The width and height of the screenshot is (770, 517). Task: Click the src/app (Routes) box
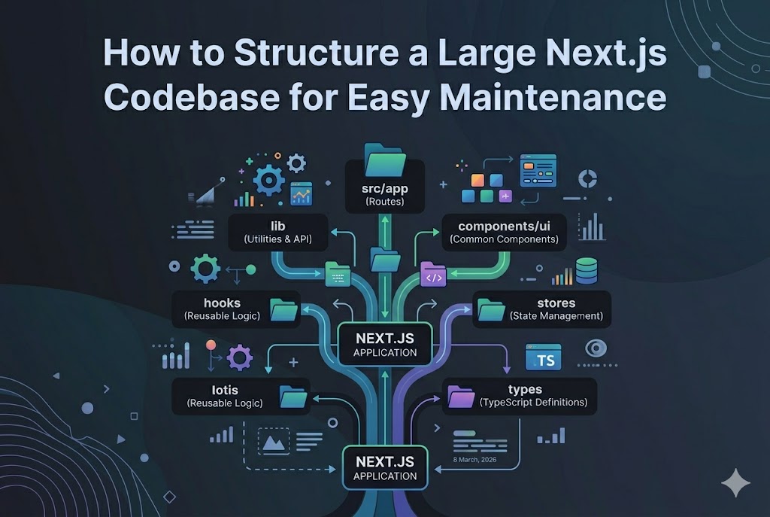pos(384,194)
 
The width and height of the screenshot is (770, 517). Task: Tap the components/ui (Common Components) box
pos(503,232)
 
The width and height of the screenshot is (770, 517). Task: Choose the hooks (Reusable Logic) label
pos(222,309)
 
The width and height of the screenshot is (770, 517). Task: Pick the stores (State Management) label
pos(556,309)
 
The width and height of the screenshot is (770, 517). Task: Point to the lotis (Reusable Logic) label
pos(225,396)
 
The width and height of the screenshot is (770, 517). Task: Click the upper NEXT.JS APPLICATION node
pos(385,344)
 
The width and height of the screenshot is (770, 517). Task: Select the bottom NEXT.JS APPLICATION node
pos(385,468)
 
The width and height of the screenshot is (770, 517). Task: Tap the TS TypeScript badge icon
pos(543,359)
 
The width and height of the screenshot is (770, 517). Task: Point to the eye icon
pos(596,348)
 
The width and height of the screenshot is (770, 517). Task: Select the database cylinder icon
pos(586,270)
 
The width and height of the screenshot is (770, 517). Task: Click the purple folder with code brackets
pos(434,274)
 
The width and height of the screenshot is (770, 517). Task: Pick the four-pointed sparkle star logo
pos(735,482)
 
